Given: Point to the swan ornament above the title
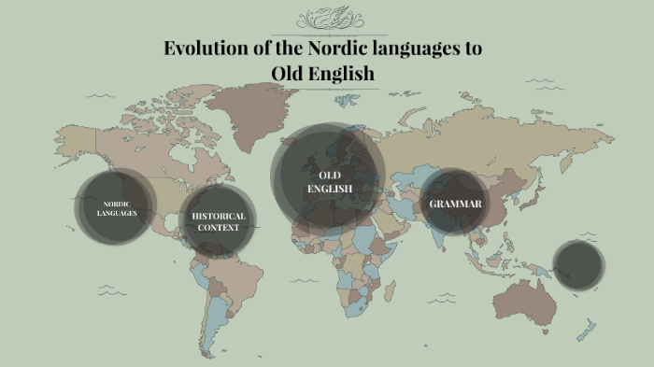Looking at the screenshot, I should click(x=327, y=18).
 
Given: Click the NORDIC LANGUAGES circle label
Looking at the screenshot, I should click(x=117, y=207).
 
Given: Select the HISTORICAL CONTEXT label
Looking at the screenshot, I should click(x=219, y=221).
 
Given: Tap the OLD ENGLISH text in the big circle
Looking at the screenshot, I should click(x=330, y=182).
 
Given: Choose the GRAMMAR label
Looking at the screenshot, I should click(x=455, y=204).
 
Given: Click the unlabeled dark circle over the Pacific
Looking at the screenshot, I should click(x=578, y=264).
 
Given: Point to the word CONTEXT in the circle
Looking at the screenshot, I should click(x=219, y=227).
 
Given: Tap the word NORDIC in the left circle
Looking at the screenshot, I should click(x=116, y=203).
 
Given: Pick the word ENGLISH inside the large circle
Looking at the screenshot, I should click(x=330, y=189).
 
